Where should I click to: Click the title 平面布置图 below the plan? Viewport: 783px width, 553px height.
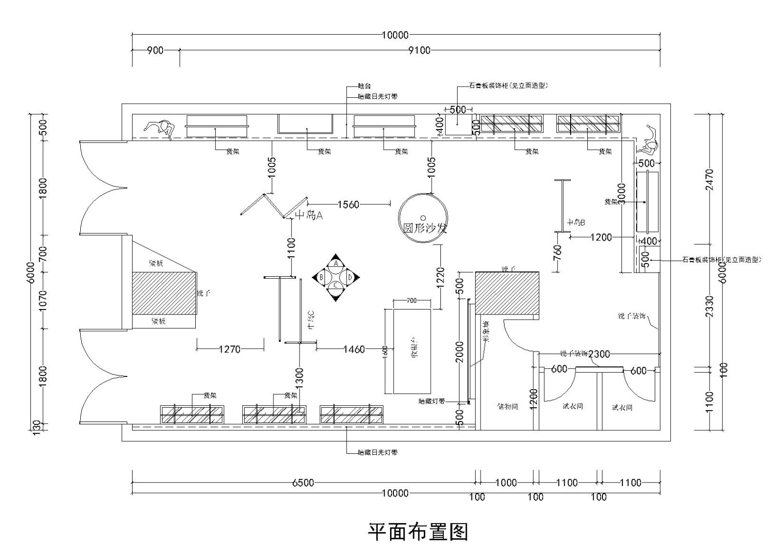point(418,532)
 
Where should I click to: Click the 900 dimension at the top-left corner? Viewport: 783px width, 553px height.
point(155,50)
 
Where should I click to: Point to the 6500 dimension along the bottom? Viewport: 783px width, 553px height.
point(303,483)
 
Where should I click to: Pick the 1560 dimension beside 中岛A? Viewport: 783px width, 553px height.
point(348,204)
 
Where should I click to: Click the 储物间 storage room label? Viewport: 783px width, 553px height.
point(507,406)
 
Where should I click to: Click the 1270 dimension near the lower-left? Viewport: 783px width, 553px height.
point(230,349)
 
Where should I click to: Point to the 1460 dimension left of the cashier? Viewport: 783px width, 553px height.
point(354,349)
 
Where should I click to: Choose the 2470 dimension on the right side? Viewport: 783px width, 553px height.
point(711,180)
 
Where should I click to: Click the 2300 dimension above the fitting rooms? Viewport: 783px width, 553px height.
point(599,354)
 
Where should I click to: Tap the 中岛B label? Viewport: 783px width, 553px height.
point(576,222)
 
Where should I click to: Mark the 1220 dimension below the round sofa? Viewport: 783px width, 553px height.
point(440,277)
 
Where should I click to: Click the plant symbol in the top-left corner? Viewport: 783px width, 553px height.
point(160,128)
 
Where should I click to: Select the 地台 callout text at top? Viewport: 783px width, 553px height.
point(365,86)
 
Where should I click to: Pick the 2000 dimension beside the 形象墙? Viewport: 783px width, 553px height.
point(460,352)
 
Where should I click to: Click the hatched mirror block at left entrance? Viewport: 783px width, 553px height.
point(164,293)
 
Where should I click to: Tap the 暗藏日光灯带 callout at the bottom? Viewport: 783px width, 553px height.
point(378,453)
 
